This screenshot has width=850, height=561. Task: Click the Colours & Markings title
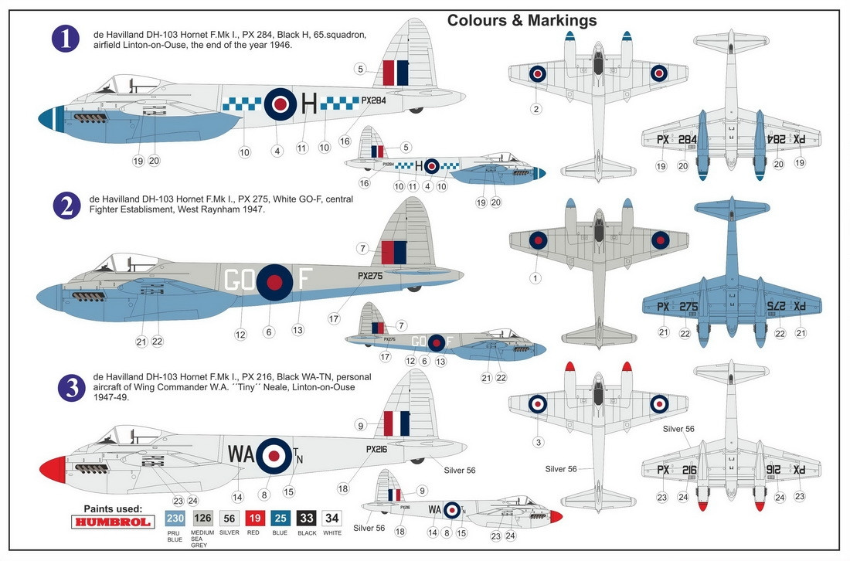tap(522, 21)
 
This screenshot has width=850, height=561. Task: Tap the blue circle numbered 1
tap(66, 39)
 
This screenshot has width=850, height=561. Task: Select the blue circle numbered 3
tap(72, 386)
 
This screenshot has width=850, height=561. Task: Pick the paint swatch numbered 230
tap(175, 518)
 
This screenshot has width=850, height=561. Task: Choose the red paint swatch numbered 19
tap(256, 518)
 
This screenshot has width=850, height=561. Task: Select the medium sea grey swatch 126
tap(203, 518)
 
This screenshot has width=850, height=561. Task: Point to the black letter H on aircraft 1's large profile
tap(308, 102)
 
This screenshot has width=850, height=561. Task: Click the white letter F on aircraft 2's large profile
tap(304, 278)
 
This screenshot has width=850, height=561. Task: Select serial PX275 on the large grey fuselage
tap(370, 275)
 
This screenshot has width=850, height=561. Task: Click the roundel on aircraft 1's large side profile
tap(280, 103)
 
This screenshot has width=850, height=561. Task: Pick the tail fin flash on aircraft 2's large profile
tap(393, 253)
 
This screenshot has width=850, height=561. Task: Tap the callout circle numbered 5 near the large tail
tap(360, 69)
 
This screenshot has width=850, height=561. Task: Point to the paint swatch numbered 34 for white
tap(331, 518)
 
